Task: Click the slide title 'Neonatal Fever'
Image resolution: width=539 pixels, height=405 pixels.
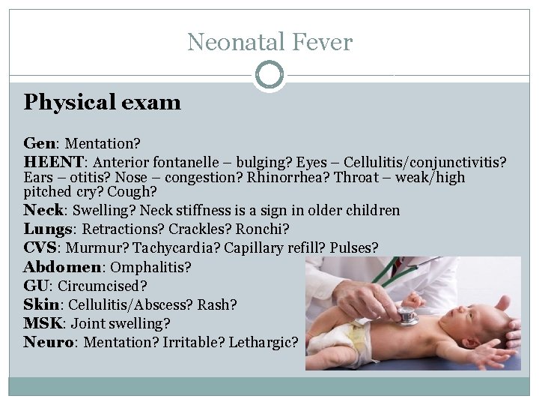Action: pyautogui.click(x=269, y=41)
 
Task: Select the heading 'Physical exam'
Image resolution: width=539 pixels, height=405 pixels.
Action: pyautogui.click(x=102, y=102)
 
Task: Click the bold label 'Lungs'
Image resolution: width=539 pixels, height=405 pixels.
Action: pyautogui.click(x=48, y=228)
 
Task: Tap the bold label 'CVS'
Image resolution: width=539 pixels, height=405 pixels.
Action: pyautogui.click(x=40, y=247)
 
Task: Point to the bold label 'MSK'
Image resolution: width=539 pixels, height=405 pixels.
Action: pyautogui.click(x=41, y=324)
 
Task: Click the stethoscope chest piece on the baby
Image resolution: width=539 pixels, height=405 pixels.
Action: pyautogui.click(x=408, y=316)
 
